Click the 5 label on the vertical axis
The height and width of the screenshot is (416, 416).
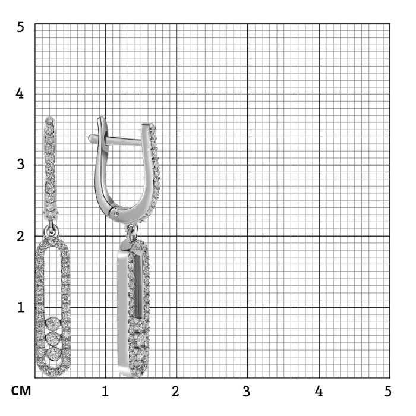click(20, 27)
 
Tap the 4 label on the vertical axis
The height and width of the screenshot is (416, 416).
click(20, 94)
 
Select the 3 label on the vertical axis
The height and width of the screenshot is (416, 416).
click(20, 164)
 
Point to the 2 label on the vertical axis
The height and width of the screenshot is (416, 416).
click(20, 236)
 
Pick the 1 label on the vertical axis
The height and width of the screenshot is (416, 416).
click(21, 307)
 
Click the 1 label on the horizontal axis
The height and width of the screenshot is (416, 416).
click(105, 391)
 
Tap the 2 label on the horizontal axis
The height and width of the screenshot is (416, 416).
click(175, 391)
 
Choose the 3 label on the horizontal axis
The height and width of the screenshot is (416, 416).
click(247, 391)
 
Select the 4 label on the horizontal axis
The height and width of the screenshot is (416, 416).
click(319, 391)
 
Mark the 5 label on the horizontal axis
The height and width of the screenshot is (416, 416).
click(388, 391)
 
